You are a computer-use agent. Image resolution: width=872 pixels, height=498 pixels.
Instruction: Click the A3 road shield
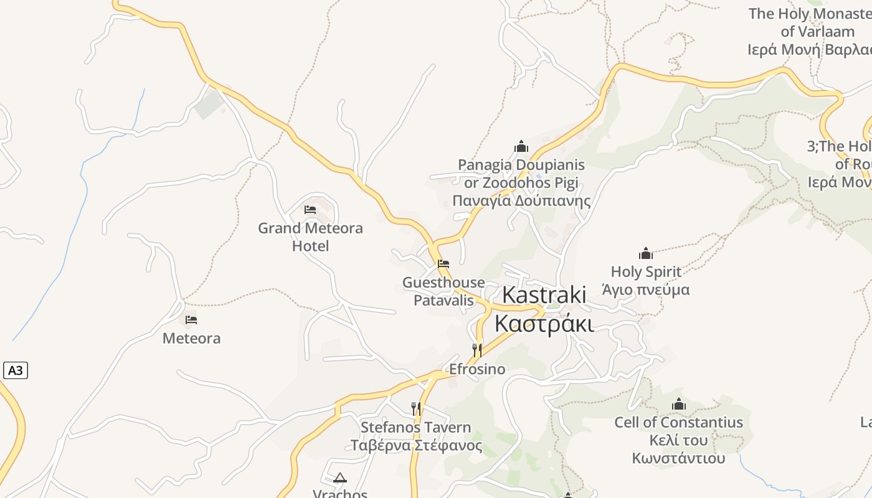16,370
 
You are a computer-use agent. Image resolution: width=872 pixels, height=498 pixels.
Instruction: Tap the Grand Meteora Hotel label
310,237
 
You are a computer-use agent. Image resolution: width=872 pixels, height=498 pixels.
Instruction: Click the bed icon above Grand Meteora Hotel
310,210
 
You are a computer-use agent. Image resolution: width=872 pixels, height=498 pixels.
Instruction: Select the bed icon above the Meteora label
191,320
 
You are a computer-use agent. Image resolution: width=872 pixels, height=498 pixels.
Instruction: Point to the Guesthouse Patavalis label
443,291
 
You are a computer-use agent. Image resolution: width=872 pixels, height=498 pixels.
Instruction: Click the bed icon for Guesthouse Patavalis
443,264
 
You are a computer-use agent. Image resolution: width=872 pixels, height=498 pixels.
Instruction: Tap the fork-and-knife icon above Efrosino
477,350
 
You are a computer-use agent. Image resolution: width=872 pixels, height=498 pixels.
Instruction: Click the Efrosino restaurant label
477,369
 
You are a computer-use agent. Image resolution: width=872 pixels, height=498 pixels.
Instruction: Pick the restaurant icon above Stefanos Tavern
415,409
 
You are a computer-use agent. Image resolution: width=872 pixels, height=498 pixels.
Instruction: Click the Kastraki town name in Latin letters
544,295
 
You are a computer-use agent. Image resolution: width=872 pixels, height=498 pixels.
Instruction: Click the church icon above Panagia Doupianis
521,147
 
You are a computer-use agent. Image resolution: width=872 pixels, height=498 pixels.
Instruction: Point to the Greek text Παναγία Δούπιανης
521,201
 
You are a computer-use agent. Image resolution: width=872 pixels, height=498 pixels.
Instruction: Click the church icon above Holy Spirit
646,253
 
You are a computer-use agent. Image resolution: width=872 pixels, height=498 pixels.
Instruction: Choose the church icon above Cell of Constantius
679,405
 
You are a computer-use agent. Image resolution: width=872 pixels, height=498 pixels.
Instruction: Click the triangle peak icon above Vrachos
339,478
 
